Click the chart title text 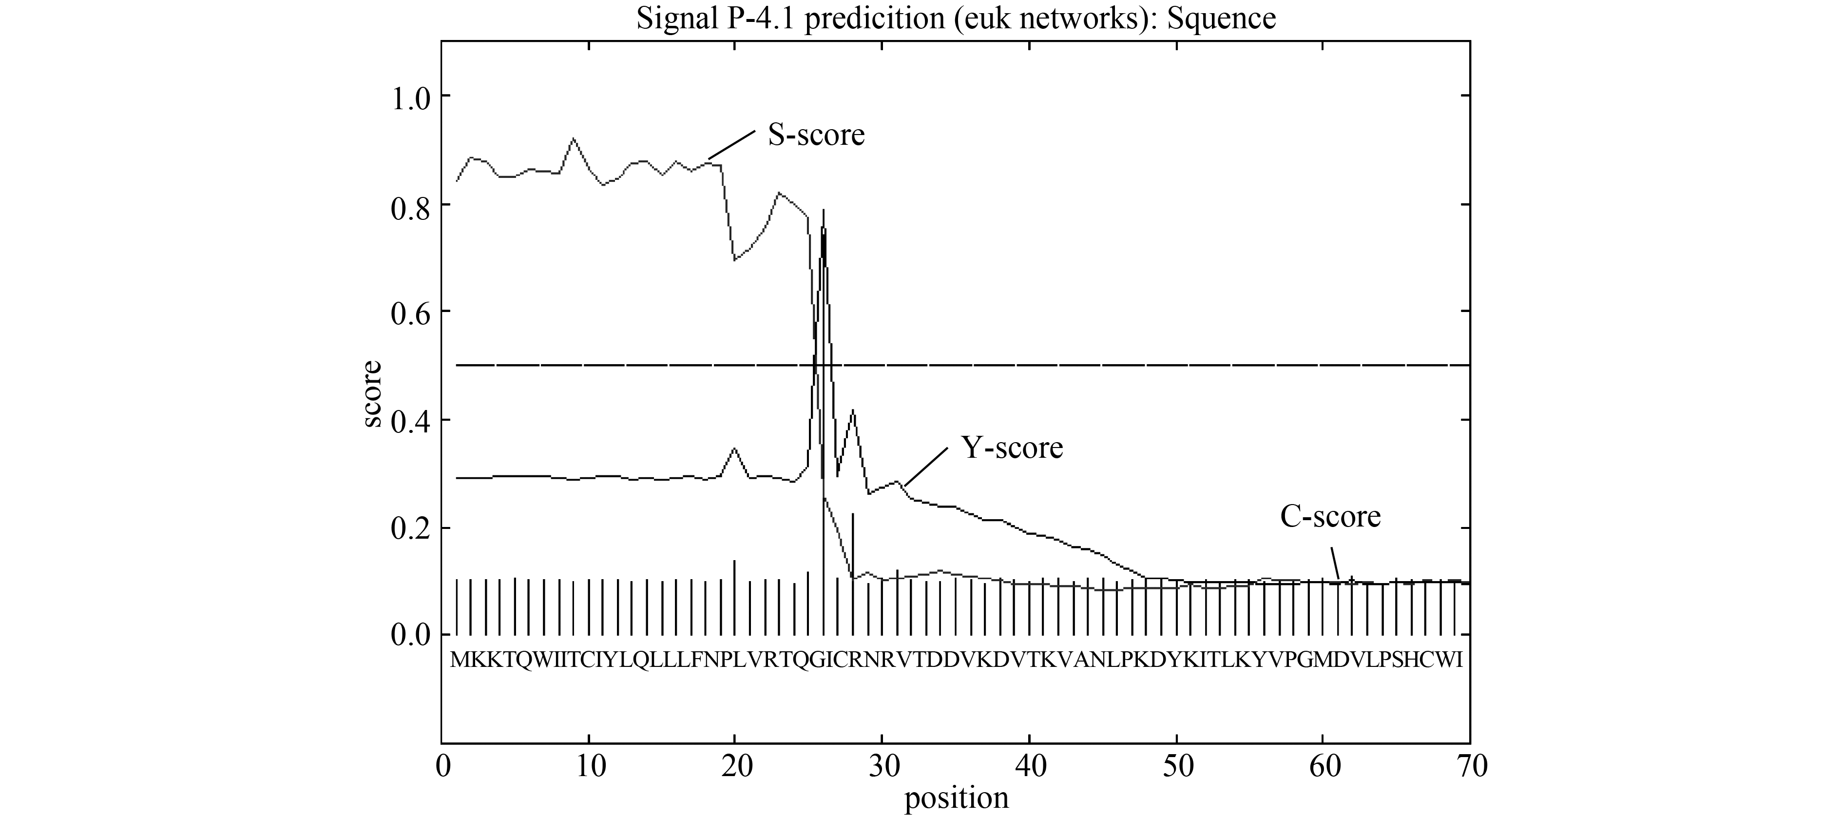coord(956,19)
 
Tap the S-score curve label coord(816,135)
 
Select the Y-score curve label coord(1012,448)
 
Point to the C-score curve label coord(1330,516)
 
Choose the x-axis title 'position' coord(956,798)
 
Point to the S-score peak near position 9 coord(574,139)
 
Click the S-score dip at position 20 coord(734,260)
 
